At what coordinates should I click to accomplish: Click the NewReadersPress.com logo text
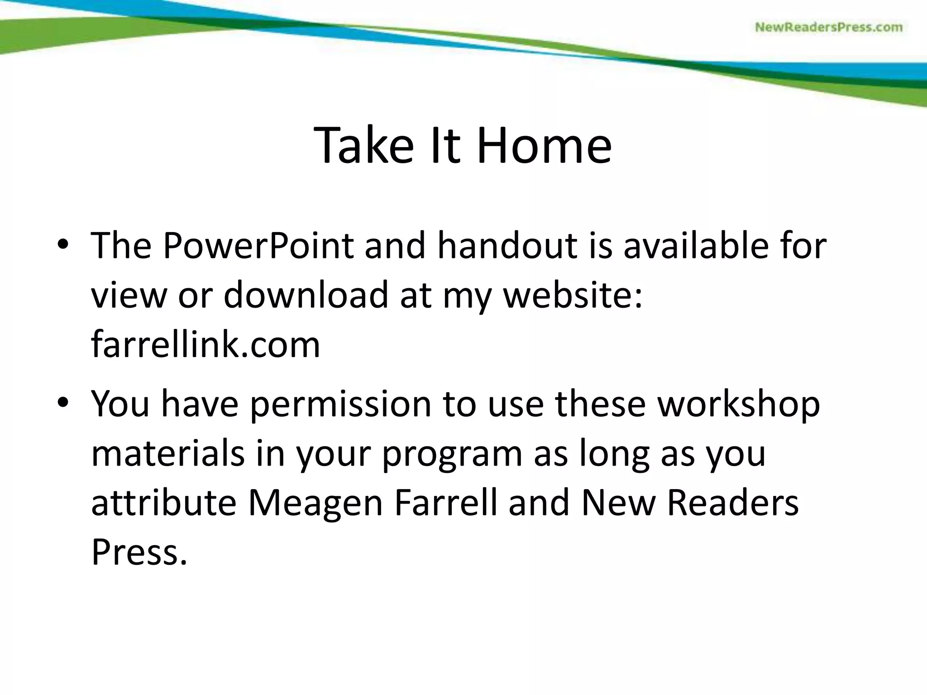click(829, 28)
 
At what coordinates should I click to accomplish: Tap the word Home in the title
click(544, 146)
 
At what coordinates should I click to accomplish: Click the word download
click(306, 295)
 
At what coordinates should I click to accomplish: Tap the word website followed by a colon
click(573, 295)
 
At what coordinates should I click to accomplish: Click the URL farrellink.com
click(205, 344)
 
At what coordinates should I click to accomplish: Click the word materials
click(168, 454)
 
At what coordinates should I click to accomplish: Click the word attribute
click(164, 503)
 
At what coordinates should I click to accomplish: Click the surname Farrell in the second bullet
click(446, 503)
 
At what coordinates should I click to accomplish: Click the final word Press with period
click(139, 552)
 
